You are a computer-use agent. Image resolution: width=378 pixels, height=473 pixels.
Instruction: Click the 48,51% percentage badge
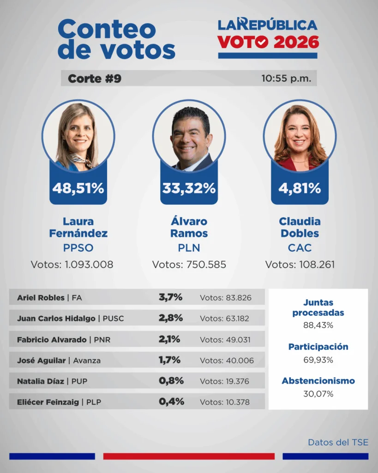[78, 188]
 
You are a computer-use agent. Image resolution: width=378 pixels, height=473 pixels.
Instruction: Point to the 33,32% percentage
[189, 188]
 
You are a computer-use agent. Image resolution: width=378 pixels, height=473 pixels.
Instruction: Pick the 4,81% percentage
[300, 188]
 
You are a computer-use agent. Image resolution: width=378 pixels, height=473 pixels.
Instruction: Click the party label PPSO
[78, 248]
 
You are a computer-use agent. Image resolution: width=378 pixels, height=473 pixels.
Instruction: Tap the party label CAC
[300, 248]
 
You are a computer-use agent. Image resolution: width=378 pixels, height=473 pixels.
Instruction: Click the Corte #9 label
[95, 79]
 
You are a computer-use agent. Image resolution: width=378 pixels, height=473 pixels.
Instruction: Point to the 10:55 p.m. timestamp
[286, 79]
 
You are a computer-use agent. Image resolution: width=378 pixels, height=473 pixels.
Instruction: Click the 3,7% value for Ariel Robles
[170, 297]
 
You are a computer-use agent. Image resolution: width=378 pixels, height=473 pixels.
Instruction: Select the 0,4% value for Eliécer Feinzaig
[171, 402]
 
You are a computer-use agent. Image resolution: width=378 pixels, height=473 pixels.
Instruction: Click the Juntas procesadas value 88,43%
[318, 325]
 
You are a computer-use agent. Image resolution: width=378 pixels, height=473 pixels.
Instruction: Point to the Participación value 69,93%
[318, 360]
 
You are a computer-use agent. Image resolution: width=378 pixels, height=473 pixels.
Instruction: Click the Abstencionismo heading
[318, 381]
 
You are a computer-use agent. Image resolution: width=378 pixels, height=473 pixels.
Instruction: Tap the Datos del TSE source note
[338, 443]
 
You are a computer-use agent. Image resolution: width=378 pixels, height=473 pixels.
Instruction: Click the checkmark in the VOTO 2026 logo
[262, 42]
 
